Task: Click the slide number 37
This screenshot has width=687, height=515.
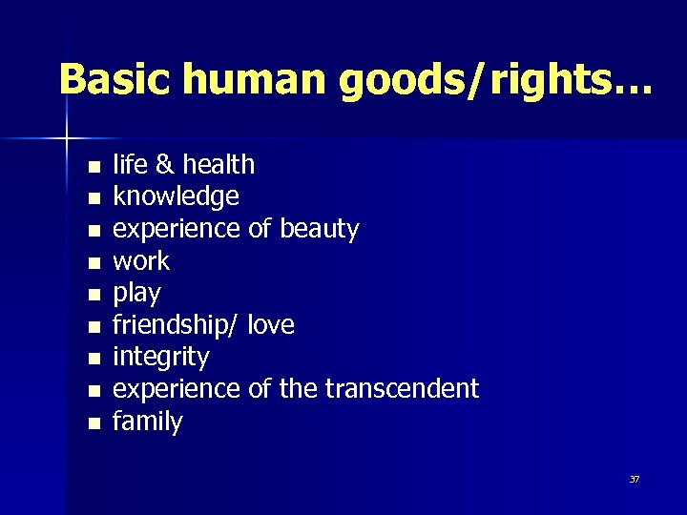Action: [x=635, y=479]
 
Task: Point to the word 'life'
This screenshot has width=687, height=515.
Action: [x=127, y=164]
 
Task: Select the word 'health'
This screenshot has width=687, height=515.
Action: [x=219, y=164]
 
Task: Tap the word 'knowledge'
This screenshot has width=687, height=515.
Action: [x=176, y=197]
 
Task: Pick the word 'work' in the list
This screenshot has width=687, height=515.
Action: [x=141, y=261]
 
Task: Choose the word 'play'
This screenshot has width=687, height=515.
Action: [x=136, y=294]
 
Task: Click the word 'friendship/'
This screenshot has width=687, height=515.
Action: [x=176, y=325]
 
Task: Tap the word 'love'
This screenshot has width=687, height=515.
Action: [x=271, y=325]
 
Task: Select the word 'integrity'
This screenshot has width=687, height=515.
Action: [x=160, y=358]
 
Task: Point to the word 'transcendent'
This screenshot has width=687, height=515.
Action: [x=402, y=389]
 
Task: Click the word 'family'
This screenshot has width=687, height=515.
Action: [x=147, y=422]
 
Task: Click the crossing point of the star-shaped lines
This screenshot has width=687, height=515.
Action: [x=68, y=139]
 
